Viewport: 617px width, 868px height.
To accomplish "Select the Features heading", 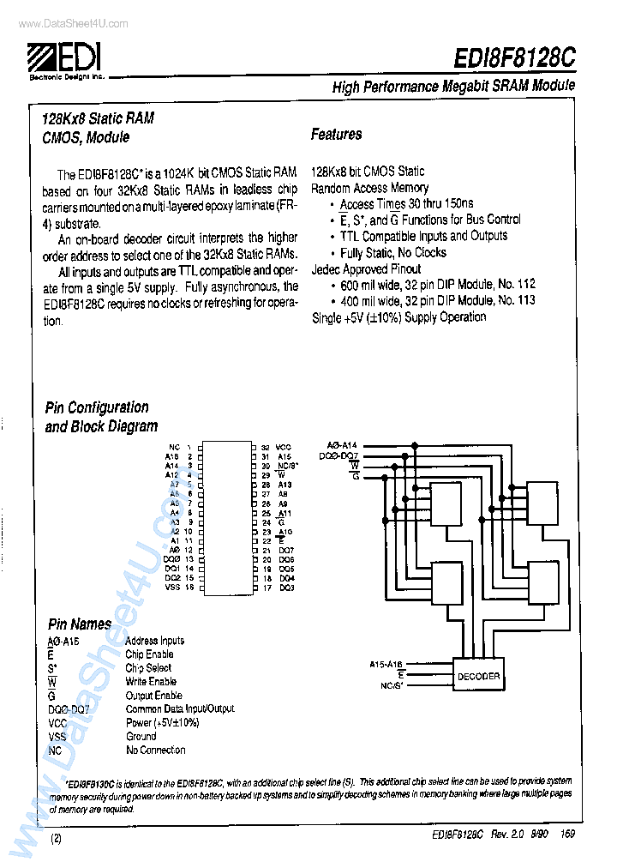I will point(336,135).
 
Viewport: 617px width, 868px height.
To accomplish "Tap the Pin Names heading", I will point(79,624).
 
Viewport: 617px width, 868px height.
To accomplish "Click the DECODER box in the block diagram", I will point(478,676).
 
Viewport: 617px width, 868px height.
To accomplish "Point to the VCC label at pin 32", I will point(284,448).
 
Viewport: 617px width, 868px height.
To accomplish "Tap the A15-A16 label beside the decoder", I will point(386,665).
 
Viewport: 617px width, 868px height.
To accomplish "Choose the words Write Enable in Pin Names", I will point(151,681).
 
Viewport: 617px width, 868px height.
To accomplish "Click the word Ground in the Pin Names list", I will point(141,736).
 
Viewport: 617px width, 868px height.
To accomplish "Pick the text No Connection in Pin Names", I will point(155,750).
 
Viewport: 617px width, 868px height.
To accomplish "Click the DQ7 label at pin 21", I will point(286,550).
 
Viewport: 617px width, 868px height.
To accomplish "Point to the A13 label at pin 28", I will point(285,485).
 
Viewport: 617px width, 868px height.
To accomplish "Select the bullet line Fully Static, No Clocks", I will point(392,253).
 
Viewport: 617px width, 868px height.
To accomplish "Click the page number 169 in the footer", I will point(567,834).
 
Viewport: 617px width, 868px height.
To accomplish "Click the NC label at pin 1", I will point(174,448).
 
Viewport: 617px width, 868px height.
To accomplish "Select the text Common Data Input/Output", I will point(180,708).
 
